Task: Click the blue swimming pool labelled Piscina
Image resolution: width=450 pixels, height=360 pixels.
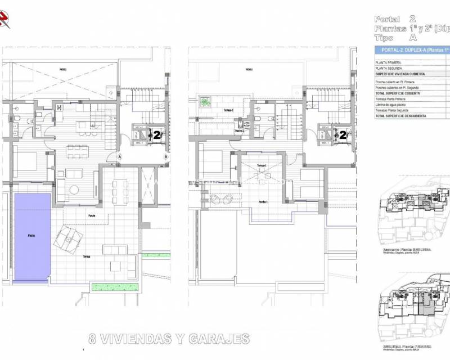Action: [x=31, y=237]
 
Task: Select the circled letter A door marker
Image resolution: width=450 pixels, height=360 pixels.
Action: [x=120, y=157]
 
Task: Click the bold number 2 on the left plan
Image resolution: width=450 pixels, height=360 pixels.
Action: [x=157, y=134]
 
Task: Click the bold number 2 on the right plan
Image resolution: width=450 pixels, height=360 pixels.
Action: [x=343, y=134]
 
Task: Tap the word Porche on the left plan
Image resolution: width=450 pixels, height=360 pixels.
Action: [x=92, y=215]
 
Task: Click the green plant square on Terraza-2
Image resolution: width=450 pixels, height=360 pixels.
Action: [x=206, y=103]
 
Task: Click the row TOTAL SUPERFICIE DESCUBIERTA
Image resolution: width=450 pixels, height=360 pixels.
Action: [x=400, y=116]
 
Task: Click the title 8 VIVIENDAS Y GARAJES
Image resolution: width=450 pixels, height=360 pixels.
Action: [x=169, y=339]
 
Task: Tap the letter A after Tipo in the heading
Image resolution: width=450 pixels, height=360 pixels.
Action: [x=413, y=38]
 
